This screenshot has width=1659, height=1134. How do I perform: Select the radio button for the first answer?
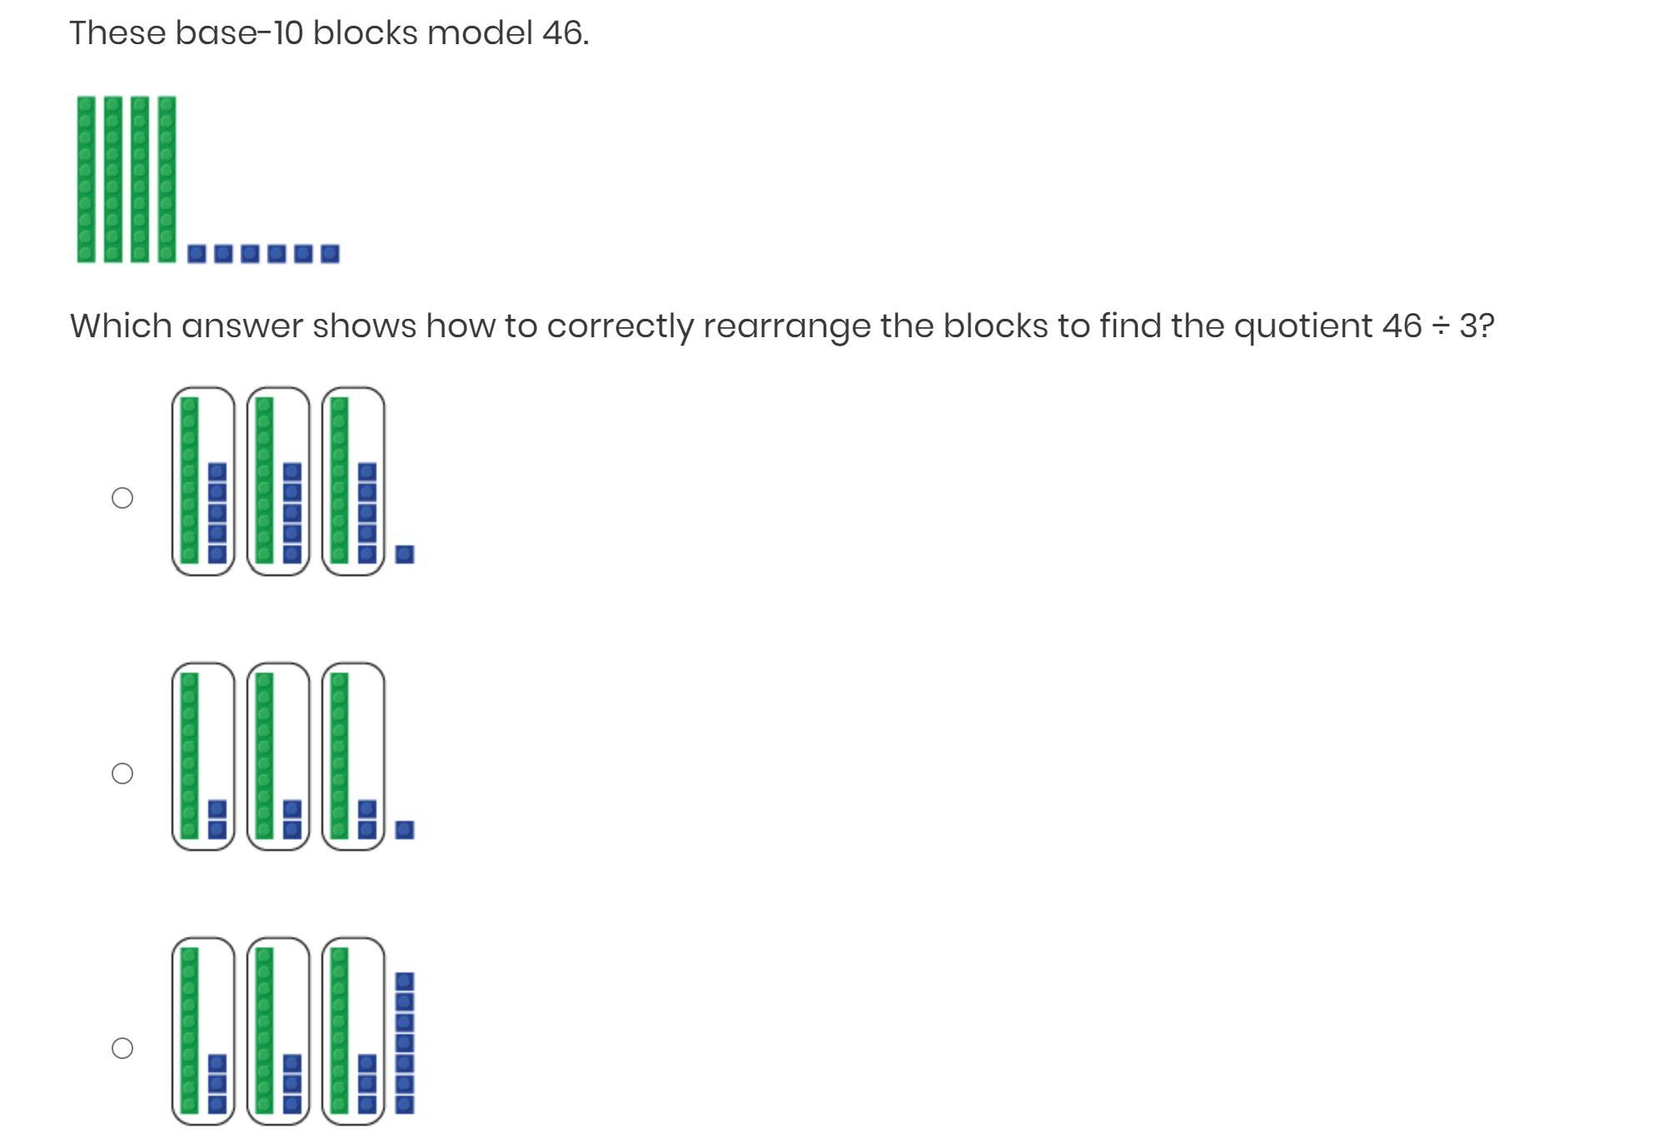pos(122,498)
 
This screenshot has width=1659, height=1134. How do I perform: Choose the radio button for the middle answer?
pos(122,773)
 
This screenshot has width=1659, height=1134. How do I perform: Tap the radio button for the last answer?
pos(122,1048)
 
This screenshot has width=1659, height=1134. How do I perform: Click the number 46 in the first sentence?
pos(563,33)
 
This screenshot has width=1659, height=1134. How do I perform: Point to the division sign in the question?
pos(1440,326)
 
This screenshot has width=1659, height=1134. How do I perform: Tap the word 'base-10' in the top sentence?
pos(239,33)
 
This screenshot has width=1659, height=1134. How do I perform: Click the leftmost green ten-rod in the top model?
pos(86,179)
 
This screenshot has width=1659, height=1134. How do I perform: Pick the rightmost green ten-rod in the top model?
pos(167,179)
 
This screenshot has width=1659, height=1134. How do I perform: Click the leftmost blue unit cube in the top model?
pos(197,253)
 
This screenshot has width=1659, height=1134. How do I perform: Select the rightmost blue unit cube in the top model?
pos(330,253)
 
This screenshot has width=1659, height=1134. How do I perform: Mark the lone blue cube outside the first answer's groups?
pos(405,554)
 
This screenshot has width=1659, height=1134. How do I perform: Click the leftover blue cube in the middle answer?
pos(405,829)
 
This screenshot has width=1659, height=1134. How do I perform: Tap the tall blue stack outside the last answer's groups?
pos(405,1042)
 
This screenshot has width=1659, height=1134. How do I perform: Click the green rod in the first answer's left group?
pos(190,480)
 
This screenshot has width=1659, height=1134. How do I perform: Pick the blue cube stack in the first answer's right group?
pos(367,513)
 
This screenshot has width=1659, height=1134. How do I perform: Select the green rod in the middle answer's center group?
pos(265,755)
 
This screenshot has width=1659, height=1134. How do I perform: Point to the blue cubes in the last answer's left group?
pos(217,1083)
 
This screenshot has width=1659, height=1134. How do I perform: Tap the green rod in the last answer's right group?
pos(339,1030)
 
